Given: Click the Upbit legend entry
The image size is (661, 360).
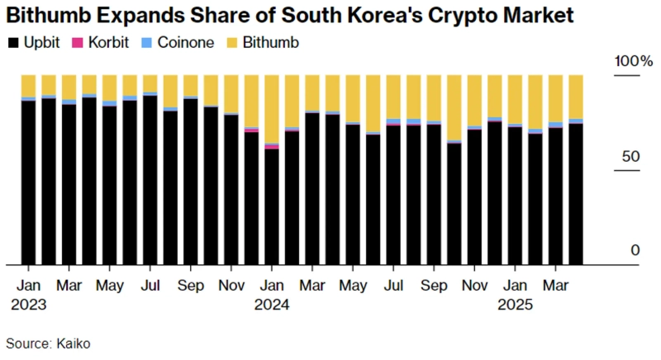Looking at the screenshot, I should (33, 42).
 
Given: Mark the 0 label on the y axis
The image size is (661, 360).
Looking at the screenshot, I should (635, 250).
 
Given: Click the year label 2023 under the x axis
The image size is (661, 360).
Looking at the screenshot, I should (29, 303).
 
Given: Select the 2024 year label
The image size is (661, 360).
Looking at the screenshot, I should (272, 303).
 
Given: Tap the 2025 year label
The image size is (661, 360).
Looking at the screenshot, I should (515, 303).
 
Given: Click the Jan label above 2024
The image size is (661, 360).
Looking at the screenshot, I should (272, 285).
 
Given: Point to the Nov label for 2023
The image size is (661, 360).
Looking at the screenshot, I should (231, 285).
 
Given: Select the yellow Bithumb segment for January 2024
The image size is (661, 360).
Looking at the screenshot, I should (272, 108).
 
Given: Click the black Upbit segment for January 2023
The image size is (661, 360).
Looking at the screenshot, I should (29, 182).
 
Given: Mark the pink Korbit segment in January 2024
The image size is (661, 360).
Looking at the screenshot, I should (272, 146).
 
